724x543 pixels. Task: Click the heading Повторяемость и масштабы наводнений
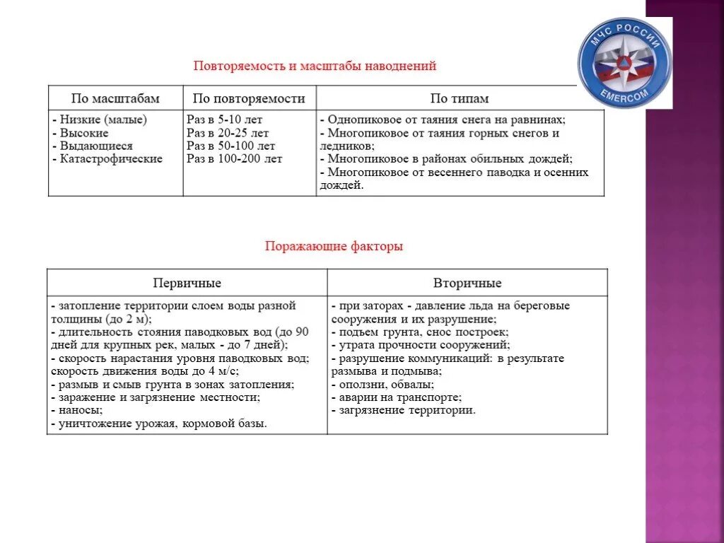(315, 66)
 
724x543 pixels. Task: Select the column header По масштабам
(115, 98)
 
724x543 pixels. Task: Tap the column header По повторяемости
(249, 98)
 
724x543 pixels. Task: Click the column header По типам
(460, 98)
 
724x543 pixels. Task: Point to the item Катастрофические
(107, 159)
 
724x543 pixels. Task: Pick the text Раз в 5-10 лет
(225, 120)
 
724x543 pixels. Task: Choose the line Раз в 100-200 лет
(234, 159)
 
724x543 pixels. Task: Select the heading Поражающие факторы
(334, 247)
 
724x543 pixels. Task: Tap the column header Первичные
(187, 283)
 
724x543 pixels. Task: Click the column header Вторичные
(467, 283)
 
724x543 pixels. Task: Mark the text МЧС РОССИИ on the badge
(624, 36)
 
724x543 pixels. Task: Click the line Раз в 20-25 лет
(228, 133)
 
